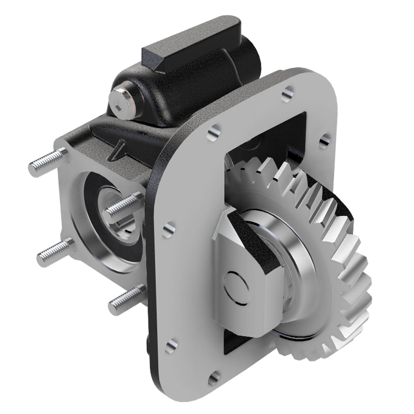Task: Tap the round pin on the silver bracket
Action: tap(237, 286)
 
